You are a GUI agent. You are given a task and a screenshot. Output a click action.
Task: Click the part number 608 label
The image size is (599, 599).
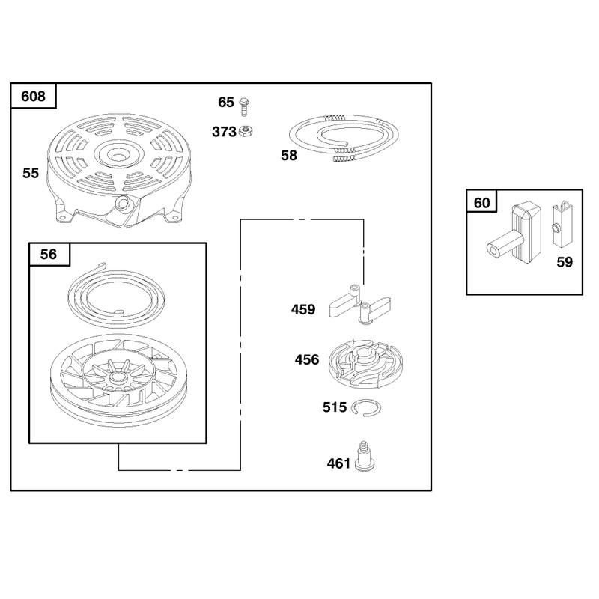click(33, 97)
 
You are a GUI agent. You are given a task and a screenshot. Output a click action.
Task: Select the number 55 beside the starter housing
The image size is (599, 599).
click(31, 173)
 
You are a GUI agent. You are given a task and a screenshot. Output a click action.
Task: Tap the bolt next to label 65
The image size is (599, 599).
click(244, 107)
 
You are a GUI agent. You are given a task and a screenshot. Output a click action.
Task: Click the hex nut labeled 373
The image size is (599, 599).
click(246, 132)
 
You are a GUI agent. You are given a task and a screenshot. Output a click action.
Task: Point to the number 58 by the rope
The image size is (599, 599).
click(289, 156)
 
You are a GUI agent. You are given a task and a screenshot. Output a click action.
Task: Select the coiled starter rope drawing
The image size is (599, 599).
click(344, 139)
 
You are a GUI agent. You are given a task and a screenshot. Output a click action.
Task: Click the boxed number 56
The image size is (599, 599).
click(49, 254)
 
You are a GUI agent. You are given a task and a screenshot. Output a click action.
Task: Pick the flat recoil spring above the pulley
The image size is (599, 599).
click(116, 295)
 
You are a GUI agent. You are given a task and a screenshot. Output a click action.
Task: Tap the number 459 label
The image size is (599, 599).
click(303, 309)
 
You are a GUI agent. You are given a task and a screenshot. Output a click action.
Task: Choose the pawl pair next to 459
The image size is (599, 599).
click(360, 305)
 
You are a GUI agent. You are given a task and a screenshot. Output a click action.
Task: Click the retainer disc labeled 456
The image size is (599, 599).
click(366, 364)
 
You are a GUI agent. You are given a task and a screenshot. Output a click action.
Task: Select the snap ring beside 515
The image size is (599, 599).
click(366, 407)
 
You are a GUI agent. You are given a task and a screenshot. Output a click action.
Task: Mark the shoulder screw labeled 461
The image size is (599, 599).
click(365, 457)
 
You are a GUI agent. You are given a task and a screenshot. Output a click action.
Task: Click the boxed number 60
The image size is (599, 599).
click(481, 202)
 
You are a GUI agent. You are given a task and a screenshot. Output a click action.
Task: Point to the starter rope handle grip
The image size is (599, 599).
click(514, 233)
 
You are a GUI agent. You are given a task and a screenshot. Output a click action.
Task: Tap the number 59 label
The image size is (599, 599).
click(565, 262)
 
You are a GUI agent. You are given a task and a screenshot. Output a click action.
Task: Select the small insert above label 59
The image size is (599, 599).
click(562, 225)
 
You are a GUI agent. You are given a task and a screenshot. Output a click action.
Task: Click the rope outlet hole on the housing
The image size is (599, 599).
click(122, 202)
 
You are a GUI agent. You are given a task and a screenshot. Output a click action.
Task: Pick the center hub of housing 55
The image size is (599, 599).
click(119, 155)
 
